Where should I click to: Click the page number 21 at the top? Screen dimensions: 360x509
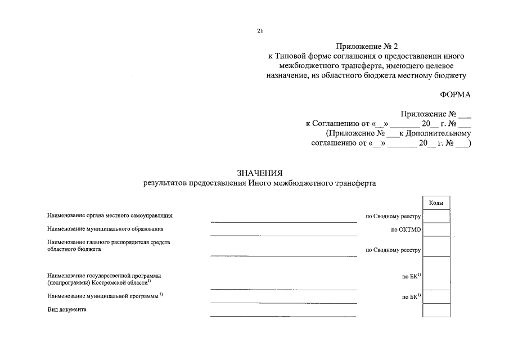tap(260, 31)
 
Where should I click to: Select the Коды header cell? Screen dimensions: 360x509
tap(436, 202)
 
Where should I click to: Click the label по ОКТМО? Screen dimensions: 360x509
tap(406, 229)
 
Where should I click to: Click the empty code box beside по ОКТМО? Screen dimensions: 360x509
tap(436, 229)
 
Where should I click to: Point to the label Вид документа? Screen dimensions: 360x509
tap(67, 309)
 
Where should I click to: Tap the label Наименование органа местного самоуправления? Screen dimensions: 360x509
tap(110, 215)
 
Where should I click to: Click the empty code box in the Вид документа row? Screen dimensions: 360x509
tap(436, 310)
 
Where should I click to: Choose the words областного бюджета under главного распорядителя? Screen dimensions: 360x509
tap(74, 249)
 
